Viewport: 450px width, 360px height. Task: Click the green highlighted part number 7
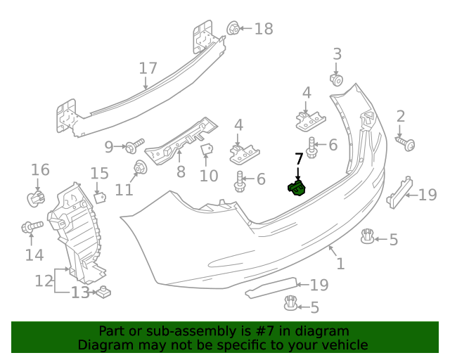[x=297, y=188]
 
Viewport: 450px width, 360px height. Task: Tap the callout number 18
[x=263, y=29]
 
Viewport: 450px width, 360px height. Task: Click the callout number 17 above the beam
[x=148, y=69]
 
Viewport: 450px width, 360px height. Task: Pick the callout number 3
[x=337, y=54]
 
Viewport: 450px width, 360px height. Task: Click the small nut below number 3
[x=336, y=79]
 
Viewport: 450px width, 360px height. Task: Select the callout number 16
[x=40, y=169]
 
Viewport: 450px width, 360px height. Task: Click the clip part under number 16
[x=34, y=198]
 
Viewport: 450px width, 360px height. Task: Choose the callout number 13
[x=80, y=292]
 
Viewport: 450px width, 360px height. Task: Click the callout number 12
[x=44, y=281]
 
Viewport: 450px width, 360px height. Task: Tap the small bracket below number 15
[x=100, y=198]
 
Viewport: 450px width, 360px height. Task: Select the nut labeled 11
[x=140, y=168]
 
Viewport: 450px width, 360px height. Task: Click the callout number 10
[x=209, y=174]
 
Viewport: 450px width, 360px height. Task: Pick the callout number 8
[x=181, y=171]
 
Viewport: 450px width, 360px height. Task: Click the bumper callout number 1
[x=340, y=264]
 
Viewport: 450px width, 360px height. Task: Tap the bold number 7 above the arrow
[x=298, y=160]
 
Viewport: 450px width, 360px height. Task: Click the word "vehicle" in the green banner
[x=343, y=345]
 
